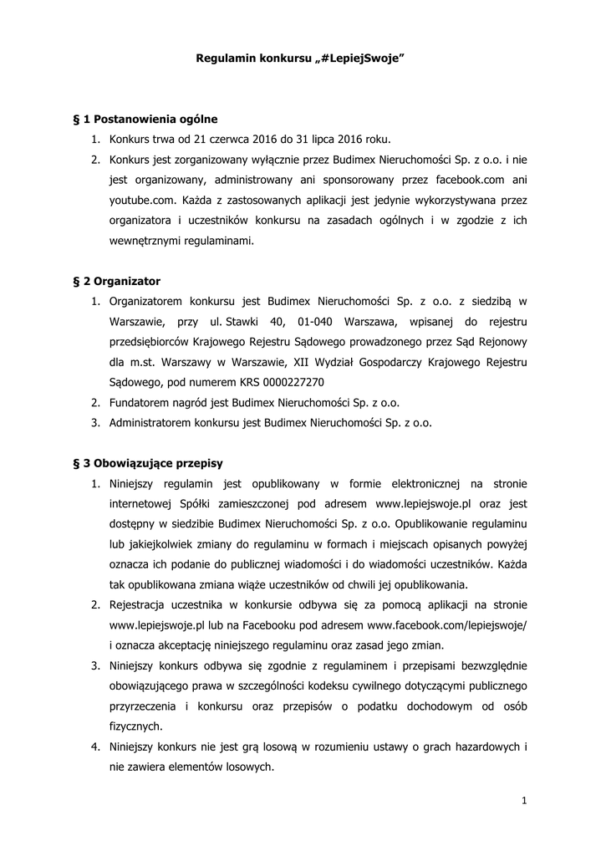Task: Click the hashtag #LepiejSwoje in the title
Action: (x=360, y=59)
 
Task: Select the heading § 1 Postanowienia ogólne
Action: (x=145, y=119)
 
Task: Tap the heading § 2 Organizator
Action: (x=117, y=281)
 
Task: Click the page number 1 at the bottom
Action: (x=523, y=802)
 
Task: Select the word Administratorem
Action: (x=150, y=422)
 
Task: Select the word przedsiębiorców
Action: (x=149, y=342)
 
